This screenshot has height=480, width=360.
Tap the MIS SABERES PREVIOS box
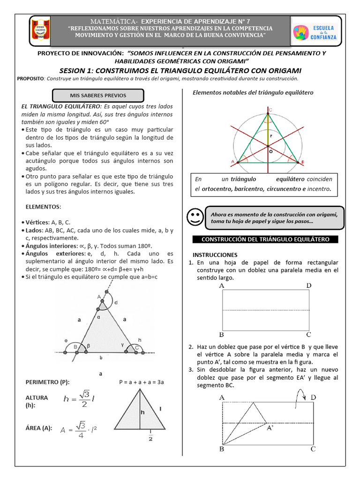[98, 96]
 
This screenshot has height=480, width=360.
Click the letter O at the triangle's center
[270, 151]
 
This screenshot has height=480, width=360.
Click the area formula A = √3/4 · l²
[82, 429]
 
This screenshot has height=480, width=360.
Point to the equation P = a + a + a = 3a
[141, 382]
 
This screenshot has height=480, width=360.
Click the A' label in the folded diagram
[270, 427]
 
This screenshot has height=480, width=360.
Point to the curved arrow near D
[298, 398]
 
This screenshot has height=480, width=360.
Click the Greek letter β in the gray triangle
[89, 345]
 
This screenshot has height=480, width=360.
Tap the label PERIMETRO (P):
[47, 382]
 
